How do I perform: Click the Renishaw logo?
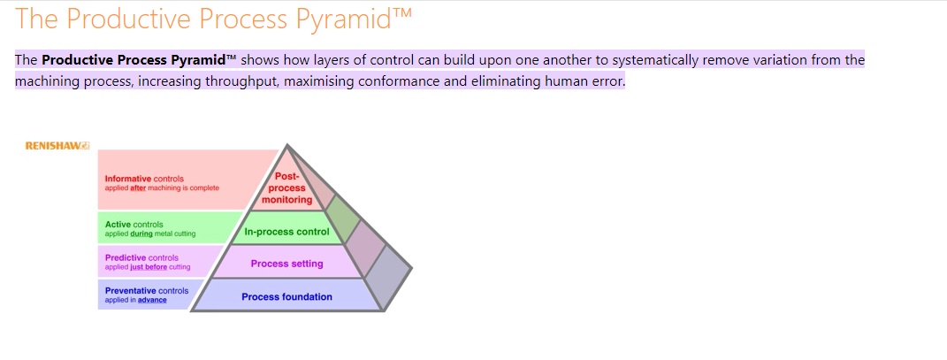57,145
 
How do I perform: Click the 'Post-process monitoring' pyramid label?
286,188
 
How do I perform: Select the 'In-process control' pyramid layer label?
286,233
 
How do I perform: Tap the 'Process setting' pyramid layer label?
286,264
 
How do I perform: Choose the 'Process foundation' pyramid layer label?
286,297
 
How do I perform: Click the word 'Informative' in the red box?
128,179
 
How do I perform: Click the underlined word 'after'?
138,188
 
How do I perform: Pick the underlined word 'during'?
141,234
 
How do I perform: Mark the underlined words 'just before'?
149,267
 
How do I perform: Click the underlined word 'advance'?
152,300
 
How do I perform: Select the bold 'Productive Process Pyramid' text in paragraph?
139,60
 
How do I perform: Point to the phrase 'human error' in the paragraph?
585,81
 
